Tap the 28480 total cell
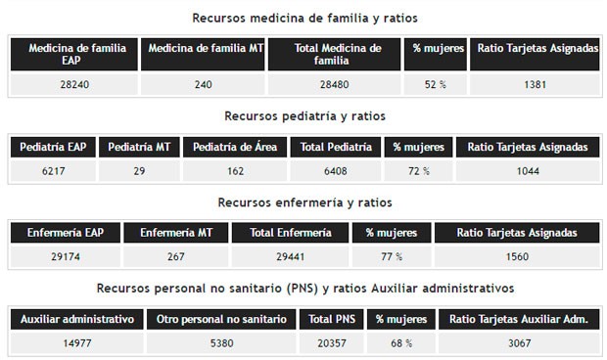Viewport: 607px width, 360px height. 333,85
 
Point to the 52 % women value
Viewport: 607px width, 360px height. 435,85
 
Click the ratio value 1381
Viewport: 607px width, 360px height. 535,85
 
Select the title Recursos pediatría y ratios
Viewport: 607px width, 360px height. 304,115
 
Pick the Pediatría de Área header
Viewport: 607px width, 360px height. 235,147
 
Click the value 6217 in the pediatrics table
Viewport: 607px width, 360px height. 52,171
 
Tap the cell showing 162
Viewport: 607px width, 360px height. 235,171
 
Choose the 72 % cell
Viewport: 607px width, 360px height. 418,171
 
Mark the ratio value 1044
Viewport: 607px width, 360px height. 528,171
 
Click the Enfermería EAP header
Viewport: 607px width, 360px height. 66,233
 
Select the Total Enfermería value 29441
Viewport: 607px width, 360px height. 291,257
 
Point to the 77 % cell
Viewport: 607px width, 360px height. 391,257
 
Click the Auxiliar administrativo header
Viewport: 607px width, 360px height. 76,319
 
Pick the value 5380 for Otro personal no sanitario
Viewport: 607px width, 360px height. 220,343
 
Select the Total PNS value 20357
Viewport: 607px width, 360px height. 331,343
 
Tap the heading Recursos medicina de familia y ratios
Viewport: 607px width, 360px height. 304,19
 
